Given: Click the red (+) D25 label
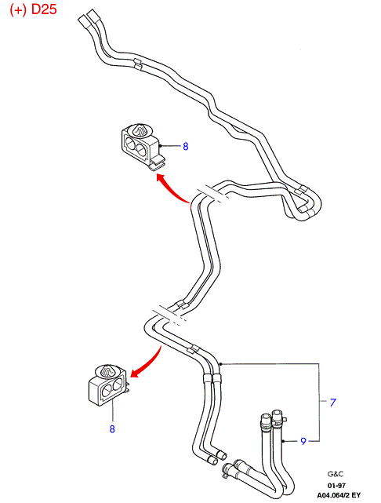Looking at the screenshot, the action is point(34,9).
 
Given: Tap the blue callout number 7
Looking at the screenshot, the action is point(333,403).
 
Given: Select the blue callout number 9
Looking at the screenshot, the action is point(303,442).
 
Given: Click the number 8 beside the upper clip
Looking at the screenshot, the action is point(186,147).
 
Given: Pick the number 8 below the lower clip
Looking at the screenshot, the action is point(112,429).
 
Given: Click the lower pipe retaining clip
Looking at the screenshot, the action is point(108,384).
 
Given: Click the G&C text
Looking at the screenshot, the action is point(336,474).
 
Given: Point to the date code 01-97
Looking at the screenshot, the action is point(336,486).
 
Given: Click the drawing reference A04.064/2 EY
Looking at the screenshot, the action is point(339,495).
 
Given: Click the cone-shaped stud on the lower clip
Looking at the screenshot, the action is point(107,370).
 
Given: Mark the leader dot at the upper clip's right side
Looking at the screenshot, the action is point(160,146).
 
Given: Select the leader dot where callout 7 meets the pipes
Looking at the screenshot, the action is point(221,364).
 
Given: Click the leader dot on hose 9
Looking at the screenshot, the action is point(283,442).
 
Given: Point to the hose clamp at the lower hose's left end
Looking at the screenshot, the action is point(227,470).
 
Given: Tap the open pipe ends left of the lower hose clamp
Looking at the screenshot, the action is point(217,457).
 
